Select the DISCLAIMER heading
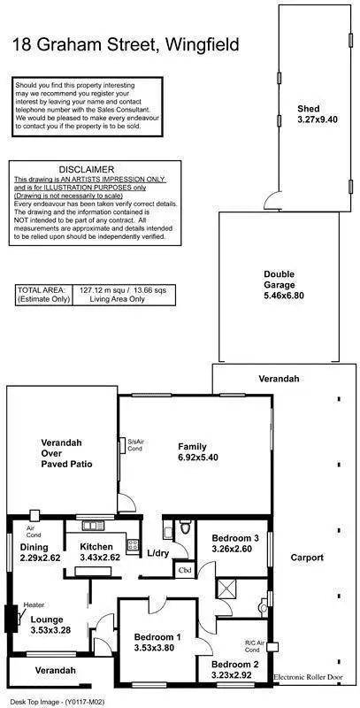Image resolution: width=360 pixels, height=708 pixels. pyautogui.click(x=86, y=168)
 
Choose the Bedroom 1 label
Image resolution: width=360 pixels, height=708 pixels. pyautogui.click(x=157, y=636)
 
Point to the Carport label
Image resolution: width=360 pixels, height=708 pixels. pyautogui.click(x=307, y=558)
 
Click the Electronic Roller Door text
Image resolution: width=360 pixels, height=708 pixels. pyautogui.click(x=311, y=677)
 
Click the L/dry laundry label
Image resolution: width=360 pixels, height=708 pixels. pyautogui.click(x=158, y=553)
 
